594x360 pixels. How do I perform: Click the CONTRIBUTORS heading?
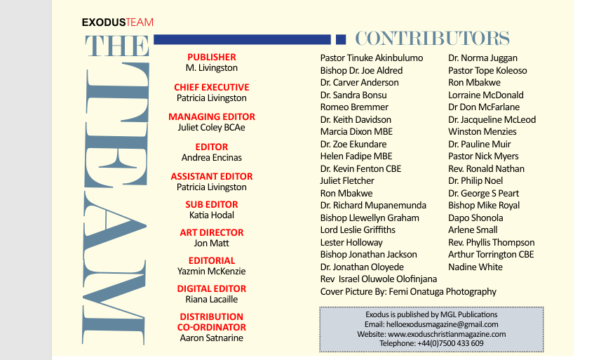point(432,39)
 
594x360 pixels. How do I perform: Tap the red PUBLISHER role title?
point(212,57)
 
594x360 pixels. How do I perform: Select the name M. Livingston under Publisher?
point(212,68)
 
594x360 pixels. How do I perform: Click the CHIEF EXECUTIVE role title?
point(212,87)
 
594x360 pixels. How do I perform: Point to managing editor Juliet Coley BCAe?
point(212,128)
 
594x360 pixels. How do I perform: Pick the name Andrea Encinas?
point(212,158)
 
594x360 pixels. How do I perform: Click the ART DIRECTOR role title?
point(212,232)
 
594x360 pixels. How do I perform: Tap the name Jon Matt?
point(212,244)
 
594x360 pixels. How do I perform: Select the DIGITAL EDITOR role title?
point(212,288)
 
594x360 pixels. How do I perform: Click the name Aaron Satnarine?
point(212,338)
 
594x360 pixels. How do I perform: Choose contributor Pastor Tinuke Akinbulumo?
point(372,58)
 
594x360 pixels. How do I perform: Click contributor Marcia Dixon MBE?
point(356,132)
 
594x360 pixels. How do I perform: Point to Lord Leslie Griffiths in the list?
point(358,230)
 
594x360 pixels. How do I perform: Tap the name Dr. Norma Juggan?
point(482,58)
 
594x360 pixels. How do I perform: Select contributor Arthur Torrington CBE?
point(491,255)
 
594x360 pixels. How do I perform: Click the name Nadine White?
point(475,267)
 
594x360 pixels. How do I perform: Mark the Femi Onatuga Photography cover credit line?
point(408,291)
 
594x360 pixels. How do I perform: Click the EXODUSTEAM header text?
point(117,22)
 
